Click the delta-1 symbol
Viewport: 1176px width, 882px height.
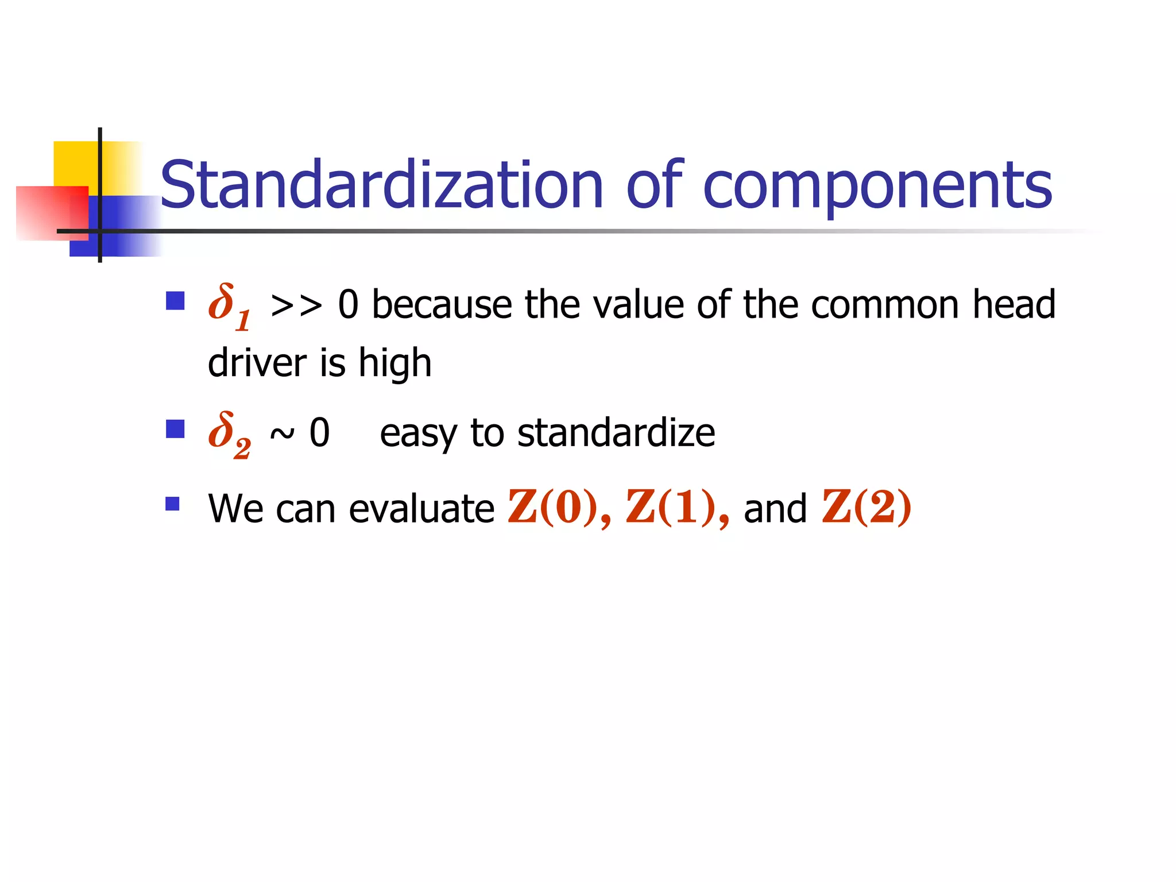point(229,307)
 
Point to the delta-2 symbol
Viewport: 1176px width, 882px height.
point(229,434)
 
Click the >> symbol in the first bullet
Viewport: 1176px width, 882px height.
point(296,305)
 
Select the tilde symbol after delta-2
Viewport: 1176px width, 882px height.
point(282,434)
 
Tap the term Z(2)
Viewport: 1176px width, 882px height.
point(866,508)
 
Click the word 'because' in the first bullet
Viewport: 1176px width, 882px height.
point(442,304)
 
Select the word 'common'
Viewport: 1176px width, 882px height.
point(885,304)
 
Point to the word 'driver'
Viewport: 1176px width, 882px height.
point(257,363)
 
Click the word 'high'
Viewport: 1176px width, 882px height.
point(394,364)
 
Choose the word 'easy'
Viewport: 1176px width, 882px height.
point(418,434)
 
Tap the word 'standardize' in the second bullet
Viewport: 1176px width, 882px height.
point(616,433)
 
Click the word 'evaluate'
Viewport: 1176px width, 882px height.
point(421,509)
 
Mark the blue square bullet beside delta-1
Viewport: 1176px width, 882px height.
point(175,301)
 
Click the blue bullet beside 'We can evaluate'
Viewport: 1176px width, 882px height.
point(172,504)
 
